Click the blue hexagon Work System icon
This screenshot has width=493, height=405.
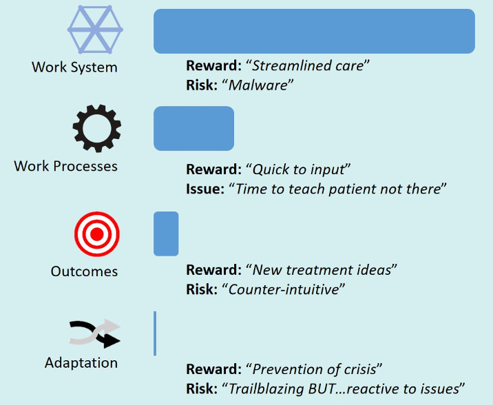95,30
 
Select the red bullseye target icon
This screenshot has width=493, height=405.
97,234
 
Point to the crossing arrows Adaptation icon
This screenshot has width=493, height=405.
94,334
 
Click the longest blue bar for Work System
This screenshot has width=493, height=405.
314,31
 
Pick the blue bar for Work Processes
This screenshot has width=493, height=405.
193,128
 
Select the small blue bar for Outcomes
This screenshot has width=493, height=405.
166,233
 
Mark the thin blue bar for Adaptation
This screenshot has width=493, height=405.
155,333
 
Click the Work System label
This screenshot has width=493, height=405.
74,67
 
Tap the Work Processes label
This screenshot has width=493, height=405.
65,166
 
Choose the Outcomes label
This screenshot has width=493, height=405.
84,271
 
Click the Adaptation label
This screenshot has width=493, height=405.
81,363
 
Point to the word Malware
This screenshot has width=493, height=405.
258,85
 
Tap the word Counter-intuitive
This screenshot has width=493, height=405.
283,289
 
